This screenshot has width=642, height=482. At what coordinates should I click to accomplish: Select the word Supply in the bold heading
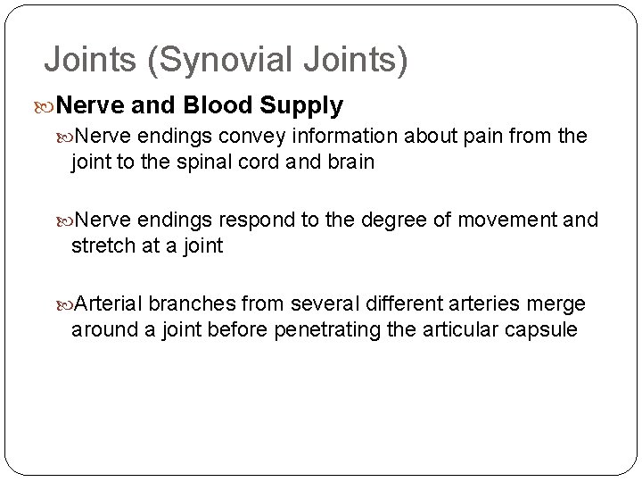[x=302, y=105]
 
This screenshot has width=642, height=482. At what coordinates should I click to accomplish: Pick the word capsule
[x=543, y=330]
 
